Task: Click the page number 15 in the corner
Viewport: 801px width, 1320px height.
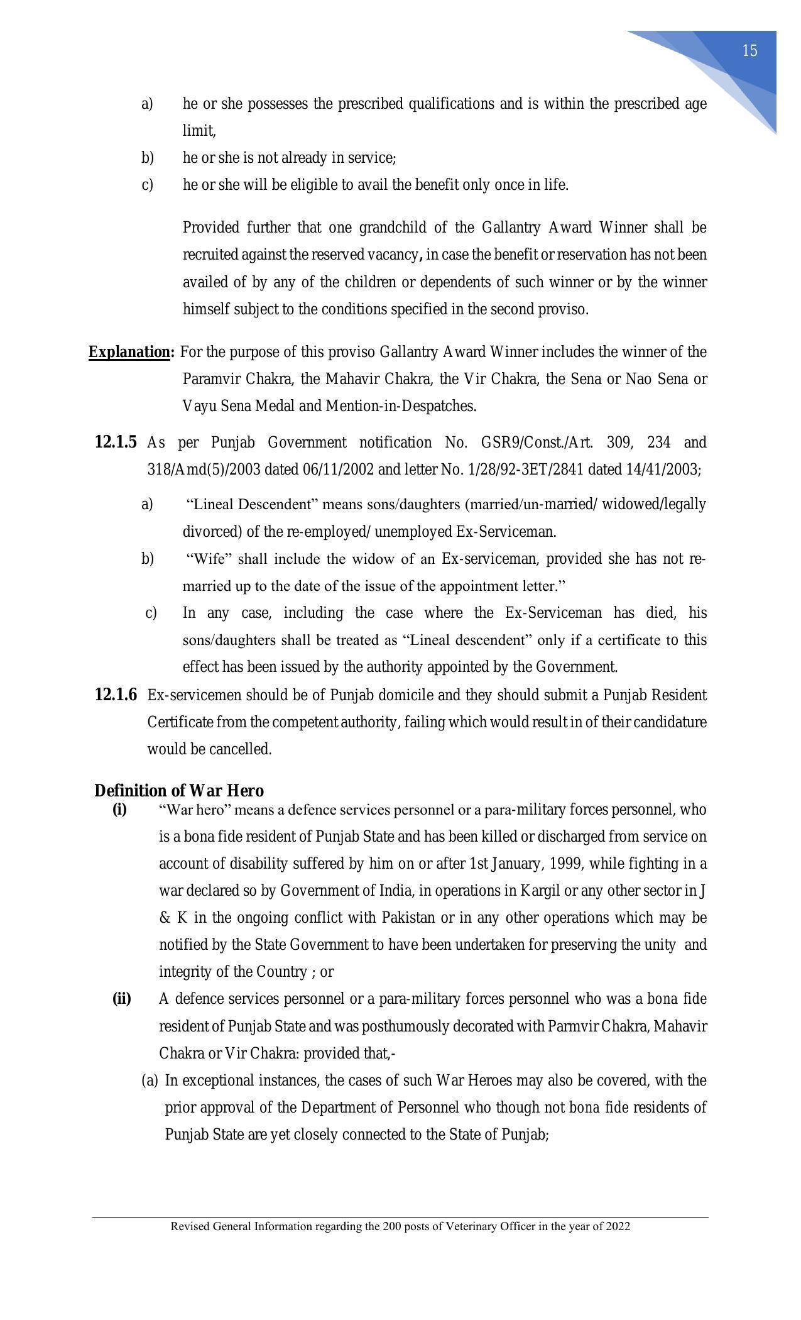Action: coord(749,51)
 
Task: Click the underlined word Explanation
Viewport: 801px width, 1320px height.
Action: coord(129,352)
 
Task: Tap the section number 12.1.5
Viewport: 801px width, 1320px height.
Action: coord(116,443)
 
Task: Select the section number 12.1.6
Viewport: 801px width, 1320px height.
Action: coord(116,695)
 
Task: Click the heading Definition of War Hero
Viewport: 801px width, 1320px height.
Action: coord(179,791)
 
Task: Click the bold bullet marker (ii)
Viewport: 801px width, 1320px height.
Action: coord(121,999)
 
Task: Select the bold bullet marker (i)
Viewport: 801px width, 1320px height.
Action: coord(119,810)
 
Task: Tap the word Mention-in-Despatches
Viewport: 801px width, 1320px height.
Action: coord(400,407)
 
